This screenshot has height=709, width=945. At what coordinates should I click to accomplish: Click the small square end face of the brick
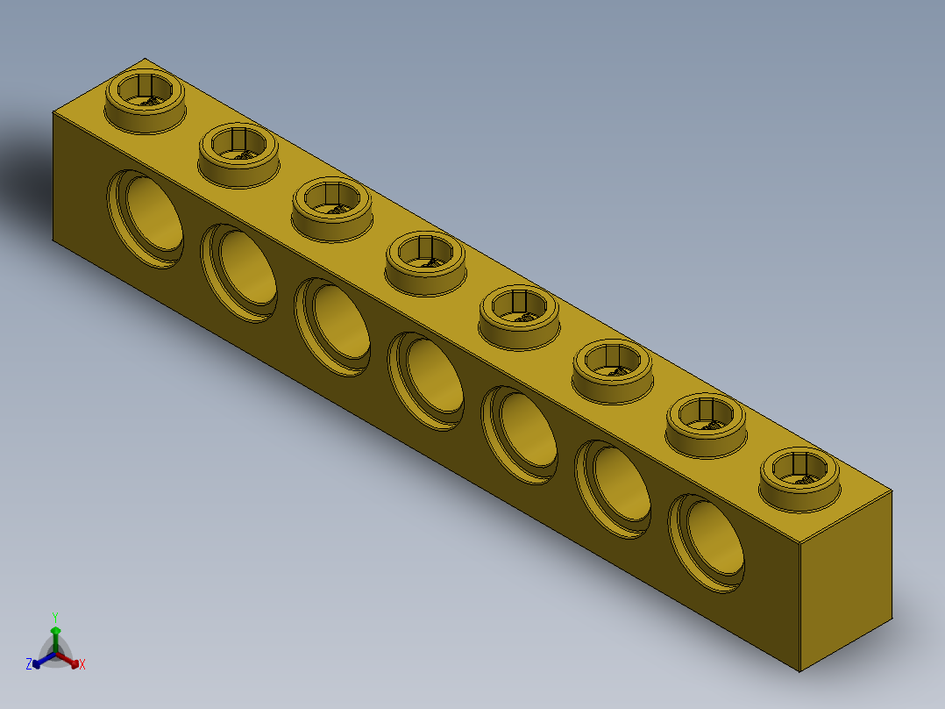(x=846, y=579)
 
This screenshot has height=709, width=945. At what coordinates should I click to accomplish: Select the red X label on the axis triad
(x=82, y=665)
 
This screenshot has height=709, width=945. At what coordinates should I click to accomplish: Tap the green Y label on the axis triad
(x=54, y=617)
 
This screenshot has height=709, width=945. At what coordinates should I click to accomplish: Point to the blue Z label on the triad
(x=29, y=665)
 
